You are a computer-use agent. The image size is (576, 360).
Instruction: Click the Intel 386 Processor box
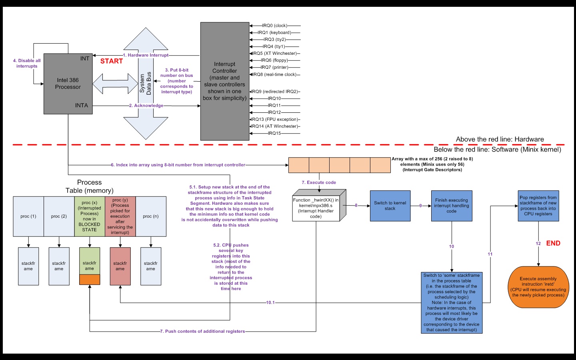click(x=68, y=84)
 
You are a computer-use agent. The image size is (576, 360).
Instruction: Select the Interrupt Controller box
click(x=224, y=81)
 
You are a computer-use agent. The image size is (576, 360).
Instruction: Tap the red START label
click(x=111, y=61)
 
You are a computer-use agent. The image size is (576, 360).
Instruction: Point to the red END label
click(x=553, y=243)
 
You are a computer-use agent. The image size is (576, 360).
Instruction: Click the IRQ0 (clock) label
click(x=274, y=26)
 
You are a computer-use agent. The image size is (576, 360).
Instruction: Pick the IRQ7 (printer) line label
click(x=274, y=67)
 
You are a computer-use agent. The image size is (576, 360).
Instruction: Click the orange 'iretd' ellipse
click(x=538, y=287)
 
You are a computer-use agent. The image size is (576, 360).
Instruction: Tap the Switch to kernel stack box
click(x=390, y=206)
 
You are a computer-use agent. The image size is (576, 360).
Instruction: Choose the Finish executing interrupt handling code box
click(x=451, y=206)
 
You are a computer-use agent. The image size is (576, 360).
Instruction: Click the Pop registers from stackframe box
click(x=538, y=206)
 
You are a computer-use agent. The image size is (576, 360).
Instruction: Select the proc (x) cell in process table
click(x=90, y=216)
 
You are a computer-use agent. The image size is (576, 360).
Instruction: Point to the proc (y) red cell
click(x=120, y=216)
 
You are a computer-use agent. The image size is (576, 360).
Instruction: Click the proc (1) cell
click(x=28, y=216)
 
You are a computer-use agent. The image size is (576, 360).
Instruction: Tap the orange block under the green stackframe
click(x=90, y=280)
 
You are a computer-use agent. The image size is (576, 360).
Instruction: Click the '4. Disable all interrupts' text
click(x=27, y=63)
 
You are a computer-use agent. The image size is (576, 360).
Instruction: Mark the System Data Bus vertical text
click(x=146, y=83)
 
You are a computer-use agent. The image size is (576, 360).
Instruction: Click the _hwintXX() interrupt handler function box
click(x=316, y=208)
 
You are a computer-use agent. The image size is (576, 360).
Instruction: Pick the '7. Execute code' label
click(x=319, y=182)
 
